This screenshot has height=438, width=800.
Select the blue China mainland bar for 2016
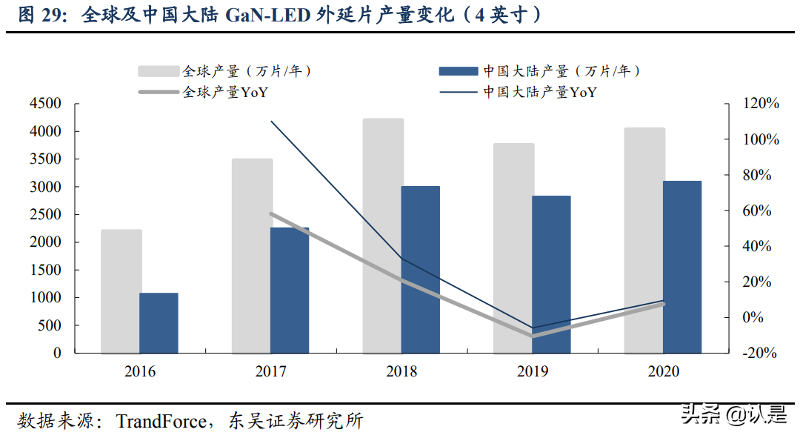pos(159,323)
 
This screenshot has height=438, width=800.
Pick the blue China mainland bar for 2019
pos(551,274)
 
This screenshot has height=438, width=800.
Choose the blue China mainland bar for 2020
pos(681,267)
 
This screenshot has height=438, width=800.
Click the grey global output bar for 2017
pos(252,256)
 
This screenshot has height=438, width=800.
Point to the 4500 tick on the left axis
pos(46,104)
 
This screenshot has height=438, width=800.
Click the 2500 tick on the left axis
pos(46,215)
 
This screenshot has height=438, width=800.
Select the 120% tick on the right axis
pos(761,104)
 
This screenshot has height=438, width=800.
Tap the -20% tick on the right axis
pos(761,354)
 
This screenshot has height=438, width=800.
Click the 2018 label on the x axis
pos(401,371)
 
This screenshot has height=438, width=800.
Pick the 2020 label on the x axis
pos(663,371)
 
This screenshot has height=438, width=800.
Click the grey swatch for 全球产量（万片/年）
pos(159,71)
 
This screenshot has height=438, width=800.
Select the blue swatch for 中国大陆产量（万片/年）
pos(458,71)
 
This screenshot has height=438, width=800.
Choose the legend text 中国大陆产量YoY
pos(540,93)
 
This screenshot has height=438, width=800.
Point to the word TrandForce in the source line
pos(161,422)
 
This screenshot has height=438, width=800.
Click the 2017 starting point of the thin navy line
pos(271,122)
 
